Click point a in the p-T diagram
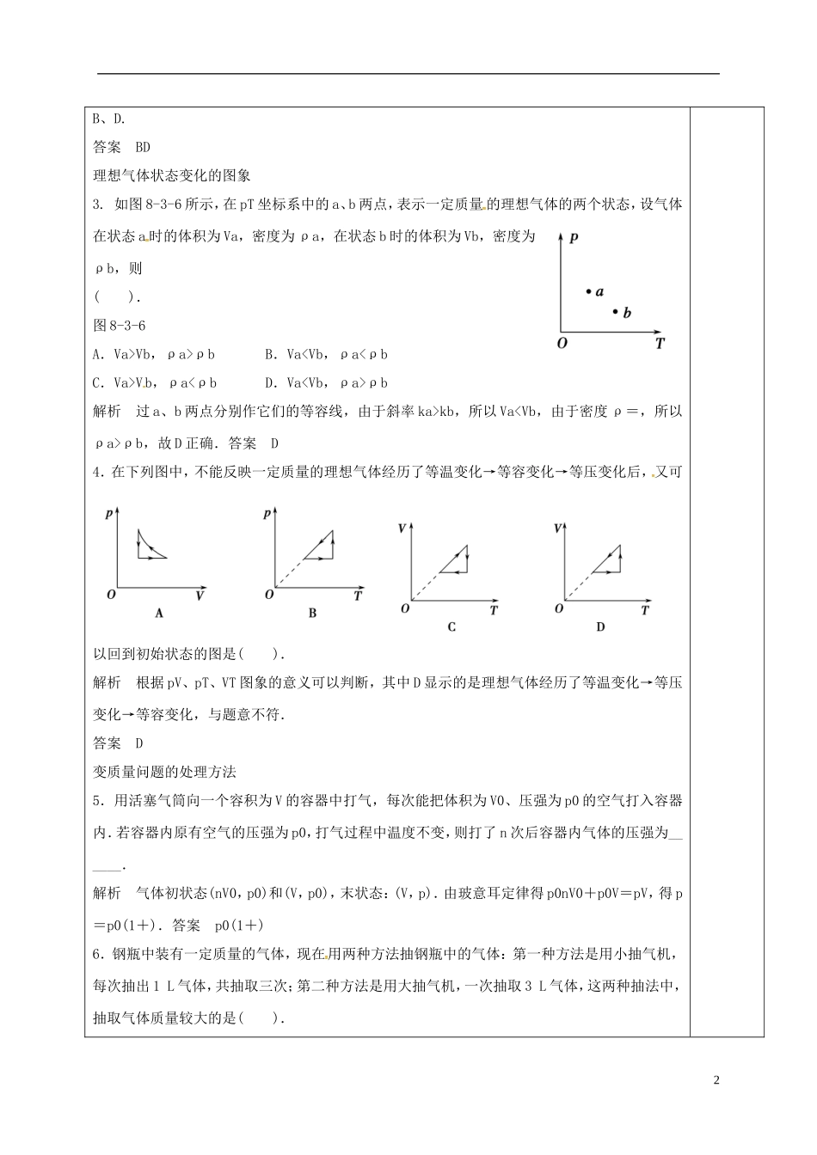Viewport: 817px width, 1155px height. point(589,292)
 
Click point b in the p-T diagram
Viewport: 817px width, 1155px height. point(616,311)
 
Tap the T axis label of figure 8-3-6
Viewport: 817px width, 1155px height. point(660,343)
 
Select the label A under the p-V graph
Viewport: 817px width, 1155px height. point(159,613)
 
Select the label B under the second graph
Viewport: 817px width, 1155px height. point(312,613)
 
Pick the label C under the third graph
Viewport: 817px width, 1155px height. point(451,627)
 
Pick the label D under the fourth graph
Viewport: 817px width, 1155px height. point(600,627)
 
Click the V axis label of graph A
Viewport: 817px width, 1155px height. point(200,595)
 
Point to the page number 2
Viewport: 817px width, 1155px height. point(716,1079)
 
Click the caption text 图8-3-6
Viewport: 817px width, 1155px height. point(120,325)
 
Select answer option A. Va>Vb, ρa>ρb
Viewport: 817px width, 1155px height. point(154,354)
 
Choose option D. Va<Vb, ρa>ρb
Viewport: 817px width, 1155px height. point(327,383)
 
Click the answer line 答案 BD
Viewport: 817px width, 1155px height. point(121,147)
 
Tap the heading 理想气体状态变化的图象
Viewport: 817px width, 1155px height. point(171,175)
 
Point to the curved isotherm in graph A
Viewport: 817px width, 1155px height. point(156,546)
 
